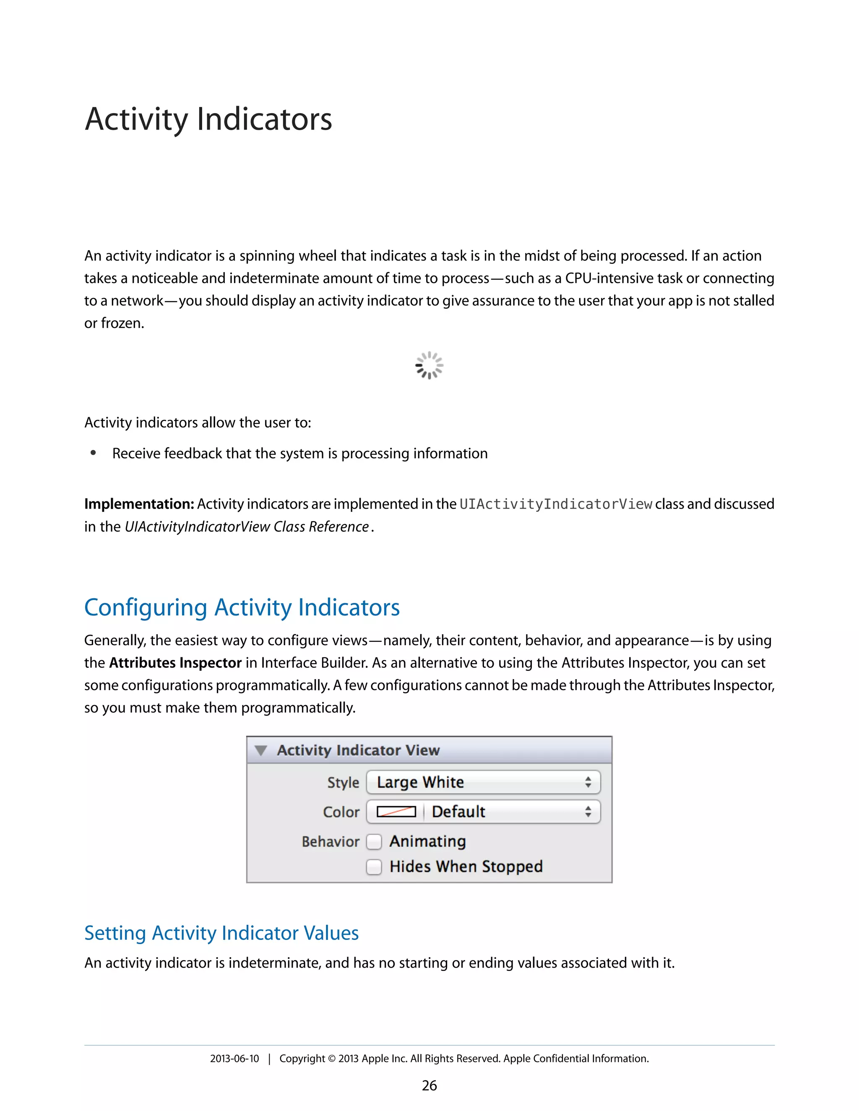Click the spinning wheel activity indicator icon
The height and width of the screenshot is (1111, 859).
click(429, 365)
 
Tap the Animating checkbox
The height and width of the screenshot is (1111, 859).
click(374, 842)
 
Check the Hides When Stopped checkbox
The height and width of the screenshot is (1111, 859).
click(374, 867)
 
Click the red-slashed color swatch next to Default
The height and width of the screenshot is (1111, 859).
click(396, 812)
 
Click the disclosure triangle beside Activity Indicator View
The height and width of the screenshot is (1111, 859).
click(261, 750)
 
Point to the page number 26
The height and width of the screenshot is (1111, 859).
click(429, 1085)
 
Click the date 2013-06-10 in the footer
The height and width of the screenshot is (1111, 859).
click(234, 1059)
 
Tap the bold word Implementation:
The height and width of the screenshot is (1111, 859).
click(139, 504)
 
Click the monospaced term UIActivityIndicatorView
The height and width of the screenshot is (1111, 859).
click(556, 504)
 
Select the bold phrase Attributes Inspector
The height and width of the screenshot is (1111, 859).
click(175, 663)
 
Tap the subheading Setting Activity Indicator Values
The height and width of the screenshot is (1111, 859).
click(221, 933)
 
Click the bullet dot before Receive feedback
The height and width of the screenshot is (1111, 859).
click(93, 453)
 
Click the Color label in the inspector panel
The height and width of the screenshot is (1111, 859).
click(341, 812)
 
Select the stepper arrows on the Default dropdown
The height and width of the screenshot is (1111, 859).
click(588, 812)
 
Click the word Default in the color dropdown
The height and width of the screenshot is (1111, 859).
click(458, 812)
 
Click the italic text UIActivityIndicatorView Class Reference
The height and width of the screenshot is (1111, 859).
click(247, 527)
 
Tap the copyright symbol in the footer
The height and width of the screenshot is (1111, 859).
click(331, 1059)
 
